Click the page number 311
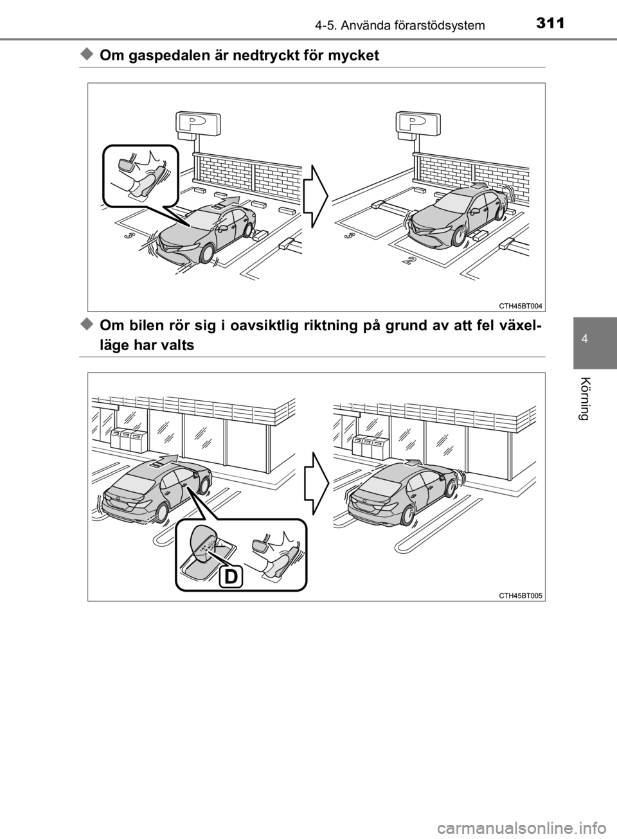(x=550, y=23)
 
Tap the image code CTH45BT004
(x=521, y=306)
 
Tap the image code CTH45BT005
(x=521, y=596)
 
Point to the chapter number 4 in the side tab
(x=595, y=340)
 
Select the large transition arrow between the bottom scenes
(x=316, y=483)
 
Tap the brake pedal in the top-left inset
(x=126, y=164)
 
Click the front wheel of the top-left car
(x=207, y=254)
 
